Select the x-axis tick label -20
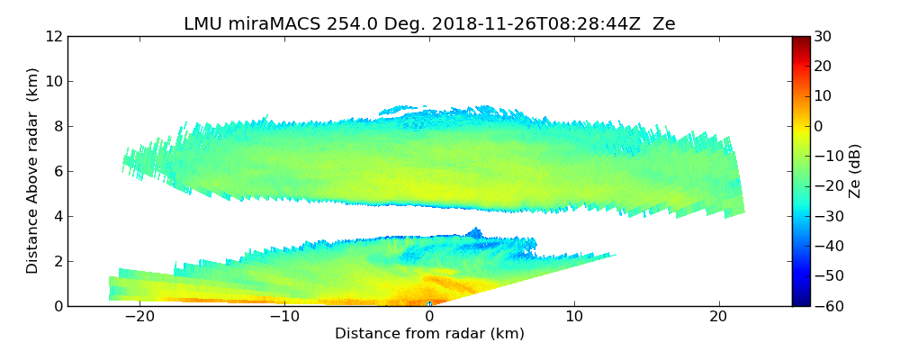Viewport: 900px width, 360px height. tap(139, 317)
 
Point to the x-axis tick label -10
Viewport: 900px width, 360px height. tap(284, 317)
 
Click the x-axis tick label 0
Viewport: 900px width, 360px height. tap(429, 317)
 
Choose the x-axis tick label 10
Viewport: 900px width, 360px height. tap(574, 317)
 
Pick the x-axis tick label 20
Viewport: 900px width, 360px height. tap(718, 317)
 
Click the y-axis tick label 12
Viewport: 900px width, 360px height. tap(55, 36)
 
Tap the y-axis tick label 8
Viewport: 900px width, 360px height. tap(58, 126)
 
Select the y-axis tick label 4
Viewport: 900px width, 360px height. tap(58, 216)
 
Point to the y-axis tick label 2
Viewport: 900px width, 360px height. tap(58, 261)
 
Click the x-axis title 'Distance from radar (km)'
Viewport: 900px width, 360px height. tap(429, 334)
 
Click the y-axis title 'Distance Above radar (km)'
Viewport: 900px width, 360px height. tap(33, 171)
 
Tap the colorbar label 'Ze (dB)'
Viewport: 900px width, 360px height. tap(856, 171)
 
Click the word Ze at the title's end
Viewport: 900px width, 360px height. tap(664, 24)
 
